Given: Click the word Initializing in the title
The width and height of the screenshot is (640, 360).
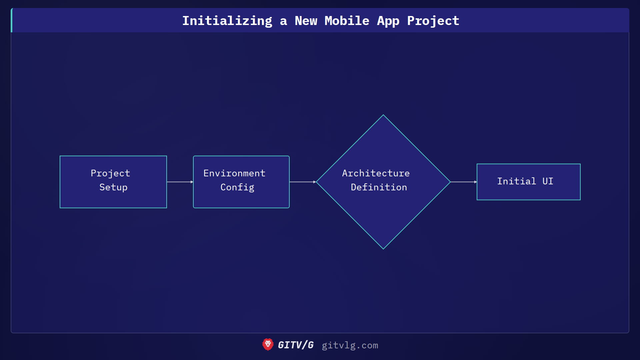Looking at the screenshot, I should coord(227,21).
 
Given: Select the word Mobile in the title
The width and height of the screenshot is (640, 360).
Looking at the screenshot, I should coord(347,21).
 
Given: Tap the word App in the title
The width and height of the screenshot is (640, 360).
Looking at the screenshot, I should coord(388,21).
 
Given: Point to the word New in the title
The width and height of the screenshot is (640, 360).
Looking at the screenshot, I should coord(306,21).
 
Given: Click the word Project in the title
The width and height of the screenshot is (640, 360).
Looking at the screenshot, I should coord(433,21).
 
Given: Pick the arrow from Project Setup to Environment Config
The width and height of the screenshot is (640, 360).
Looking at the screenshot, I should coord(180,182).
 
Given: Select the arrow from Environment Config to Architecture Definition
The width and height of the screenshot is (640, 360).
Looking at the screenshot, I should coord(303,182).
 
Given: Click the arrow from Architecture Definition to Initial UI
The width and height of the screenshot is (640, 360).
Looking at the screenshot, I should coord(464,182).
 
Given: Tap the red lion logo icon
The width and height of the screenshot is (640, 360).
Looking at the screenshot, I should coord(268,345).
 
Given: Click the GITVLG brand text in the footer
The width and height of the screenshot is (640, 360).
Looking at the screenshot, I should coord(296,345).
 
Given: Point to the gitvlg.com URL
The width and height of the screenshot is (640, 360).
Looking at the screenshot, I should coord(350,345).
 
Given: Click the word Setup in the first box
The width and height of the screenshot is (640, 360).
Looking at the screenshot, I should coord(113,187).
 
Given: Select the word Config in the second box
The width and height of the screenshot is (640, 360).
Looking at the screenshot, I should coord(237,187).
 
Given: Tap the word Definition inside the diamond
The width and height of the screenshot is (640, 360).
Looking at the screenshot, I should coord(379,187).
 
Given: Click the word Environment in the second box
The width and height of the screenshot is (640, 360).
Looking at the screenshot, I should coord(234,173).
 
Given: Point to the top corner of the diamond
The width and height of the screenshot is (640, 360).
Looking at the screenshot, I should coord(383,116).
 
